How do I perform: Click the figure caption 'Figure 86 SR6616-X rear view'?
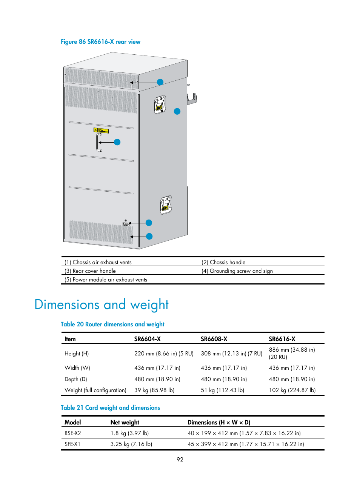coord(100,42)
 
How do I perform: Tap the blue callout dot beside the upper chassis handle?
coord(177,111)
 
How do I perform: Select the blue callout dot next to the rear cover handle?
coord(117,142)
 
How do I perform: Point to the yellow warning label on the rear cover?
coord(101,131)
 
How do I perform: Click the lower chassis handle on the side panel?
coord(166,205)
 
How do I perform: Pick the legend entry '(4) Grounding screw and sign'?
coord(237,271)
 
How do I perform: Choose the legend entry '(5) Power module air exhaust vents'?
coord(106,280)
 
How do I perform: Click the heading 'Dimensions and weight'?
coord(101,304)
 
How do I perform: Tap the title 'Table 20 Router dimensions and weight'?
coord(112,324)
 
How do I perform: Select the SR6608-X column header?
coord(214,339)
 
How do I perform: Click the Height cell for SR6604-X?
coord(164,354)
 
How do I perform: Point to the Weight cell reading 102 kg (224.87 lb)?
coord(292,390)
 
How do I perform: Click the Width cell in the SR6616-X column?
coord(292,368)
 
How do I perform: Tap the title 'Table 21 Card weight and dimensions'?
coord(110,408)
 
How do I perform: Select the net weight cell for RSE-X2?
coord(129,433)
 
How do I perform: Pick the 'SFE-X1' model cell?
coord(72,444)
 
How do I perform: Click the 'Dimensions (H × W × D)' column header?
coord(218,423)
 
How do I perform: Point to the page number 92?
coord(180,460)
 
